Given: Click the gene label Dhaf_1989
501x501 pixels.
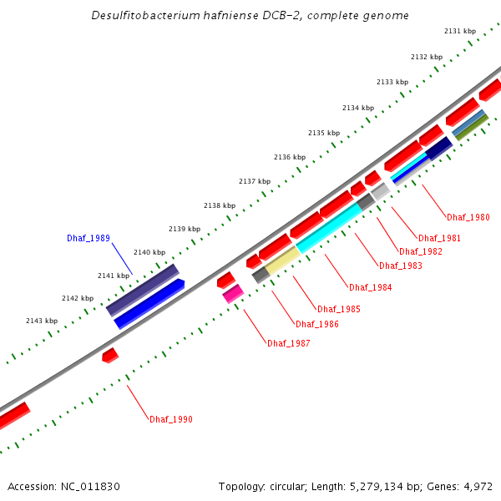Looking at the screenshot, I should pos(88,238).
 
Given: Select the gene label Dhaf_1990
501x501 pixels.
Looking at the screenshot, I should pos(170,418).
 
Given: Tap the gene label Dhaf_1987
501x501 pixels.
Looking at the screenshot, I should pos(288,343).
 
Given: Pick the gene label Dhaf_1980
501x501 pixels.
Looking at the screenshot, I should pos(468,217).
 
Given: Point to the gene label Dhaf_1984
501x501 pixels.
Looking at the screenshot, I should pos(370,287).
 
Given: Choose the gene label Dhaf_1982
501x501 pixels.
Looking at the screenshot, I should pos(420,251).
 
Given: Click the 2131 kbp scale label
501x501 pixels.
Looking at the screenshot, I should pos(459,31).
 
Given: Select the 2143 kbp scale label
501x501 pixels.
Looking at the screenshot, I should pos(42,321).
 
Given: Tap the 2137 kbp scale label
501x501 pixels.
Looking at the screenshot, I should pos(255,181).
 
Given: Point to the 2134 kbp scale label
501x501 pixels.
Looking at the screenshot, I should pos(358,108).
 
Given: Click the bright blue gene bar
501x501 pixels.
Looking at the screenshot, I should pos(149,303).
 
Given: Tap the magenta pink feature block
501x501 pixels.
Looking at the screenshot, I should pos(232,293).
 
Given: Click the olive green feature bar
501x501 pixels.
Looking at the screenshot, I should pos(471,128).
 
